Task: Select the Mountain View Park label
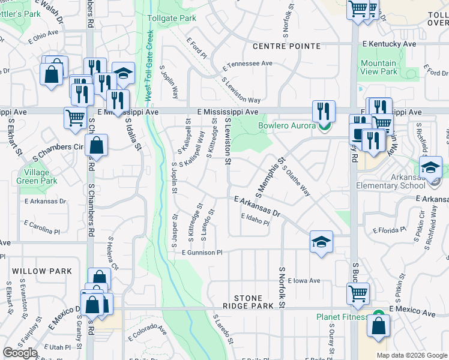(x=379, y=67)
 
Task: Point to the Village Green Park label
(x=37, y=176)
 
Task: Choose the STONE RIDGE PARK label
(x=257, y=302)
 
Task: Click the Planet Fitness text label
(x=342, y=317)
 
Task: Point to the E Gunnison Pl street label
(x=202, y=253)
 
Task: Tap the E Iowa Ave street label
(x=304, y=280)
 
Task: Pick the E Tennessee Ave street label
(x=247, y=63)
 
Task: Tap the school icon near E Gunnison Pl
(x=321, y=242)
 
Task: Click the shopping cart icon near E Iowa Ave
(x=358, y=293)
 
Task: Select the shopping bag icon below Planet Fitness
(x=378, y=326)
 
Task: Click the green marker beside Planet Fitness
(x=378, y=314)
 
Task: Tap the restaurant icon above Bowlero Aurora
(x=323, y=110)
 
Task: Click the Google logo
(x=20, y=353)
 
